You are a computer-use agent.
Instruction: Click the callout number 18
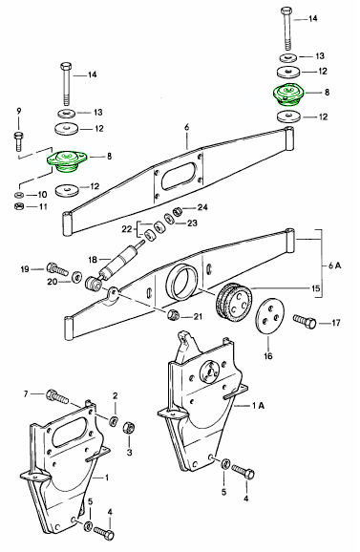[x=93, y=260]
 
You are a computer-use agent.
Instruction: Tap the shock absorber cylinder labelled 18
[x=119, y=260]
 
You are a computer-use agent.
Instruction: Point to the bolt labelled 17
[x=305, y=321]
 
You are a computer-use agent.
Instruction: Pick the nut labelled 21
[x=174, y=313]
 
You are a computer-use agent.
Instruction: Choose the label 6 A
[x=334, y=265]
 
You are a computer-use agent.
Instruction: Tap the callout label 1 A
[x=258, y=406]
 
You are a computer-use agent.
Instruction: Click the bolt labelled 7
[x=57, y=396]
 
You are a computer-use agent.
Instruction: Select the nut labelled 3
[x=129, y=428]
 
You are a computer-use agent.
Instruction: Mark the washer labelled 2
[x=114, y=420]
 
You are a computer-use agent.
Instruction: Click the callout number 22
[x=127, y=229]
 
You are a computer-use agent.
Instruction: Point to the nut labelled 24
[x=179, y=212]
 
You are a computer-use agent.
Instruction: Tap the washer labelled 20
[x=76, y=277]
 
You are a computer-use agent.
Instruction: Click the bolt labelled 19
[x=57, y=268]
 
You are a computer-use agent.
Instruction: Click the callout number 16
[x=268, y=356]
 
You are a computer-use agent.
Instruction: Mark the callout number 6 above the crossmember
[x=186, y=127]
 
